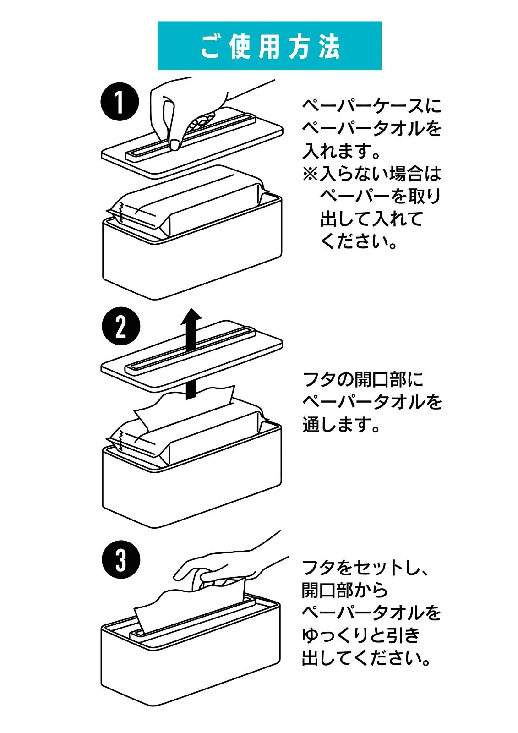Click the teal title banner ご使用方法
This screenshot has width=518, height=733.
click(269, 46)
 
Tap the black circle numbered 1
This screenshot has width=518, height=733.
click(120, 101)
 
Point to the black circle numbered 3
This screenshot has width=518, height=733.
click(120, 559)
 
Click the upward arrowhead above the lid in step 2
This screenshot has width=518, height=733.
click(191, 316)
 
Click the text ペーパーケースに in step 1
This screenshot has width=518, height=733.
click(371, 106)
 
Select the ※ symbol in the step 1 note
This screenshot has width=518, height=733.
click(310, 174)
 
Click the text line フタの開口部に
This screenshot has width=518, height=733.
click(363, 379)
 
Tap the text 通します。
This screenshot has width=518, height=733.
click(341, 425)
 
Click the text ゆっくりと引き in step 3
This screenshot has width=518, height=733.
click(360, 635)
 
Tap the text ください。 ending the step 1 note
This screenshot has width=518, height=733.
click(359, 241)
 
